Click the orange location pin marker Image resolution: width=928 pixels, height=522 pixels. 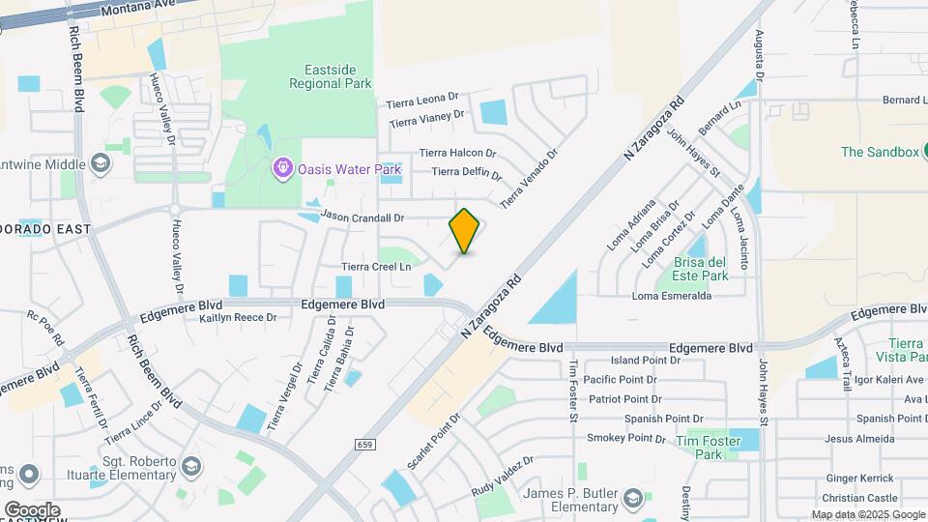(x=465, y=230)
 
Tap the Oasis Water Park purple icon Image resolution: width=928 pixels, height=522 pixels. (x=282, y=169)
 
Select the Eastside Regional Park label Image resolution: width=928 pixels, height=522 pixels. (x=330, y=76)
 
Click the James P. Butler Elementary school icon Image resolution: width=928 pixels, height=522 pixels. (x=632, y=498)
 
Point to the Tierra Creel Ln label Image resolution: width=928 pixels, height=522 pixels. (x=376, y=266)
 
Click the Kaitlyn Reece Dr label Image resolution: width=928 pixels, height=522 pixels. (x=237, y=317)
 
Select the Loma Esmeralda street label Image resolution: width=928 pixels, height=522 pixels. (x=672, y=296)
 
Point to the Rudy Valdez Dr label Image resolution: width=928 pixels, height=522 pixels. (x=503, y=477)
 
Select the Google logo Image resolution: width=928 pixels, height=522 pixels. (x=32, y=509)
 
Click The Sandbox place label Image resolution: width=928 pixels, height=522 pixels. (x=878, y=152)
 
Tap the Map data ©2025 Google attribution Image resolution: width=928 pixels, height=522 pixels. (x=867, y=514)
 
